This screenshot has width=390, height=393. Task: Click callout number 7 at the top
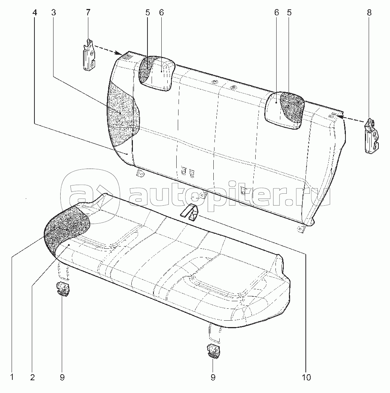[x=88, y=12]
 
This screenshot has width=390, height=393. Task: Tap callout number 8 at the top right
[x=369, y=12]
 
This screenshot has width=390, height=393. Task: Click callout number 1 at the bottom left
[x=12, y=378]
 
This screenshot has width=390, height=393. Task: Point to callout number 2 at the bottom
[x=32, y=378]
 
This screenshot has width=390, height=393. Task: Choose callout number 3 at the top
[x=54, y=12]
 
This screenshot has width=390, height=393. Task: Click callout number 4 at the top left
[x=35, y=12]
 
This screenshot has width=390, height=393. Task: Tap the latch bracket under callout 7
[x=89, y=55]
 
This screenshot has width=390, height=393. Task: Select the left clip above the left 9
[x=63, y=289]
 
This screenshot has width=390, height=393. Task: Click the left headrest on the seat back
[x=156, y=73]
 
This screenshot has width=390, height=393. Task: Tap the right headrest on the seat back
[x=285, y=111]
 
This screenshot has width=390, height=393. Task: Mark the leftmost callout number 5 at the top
[x=147, y=12]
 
